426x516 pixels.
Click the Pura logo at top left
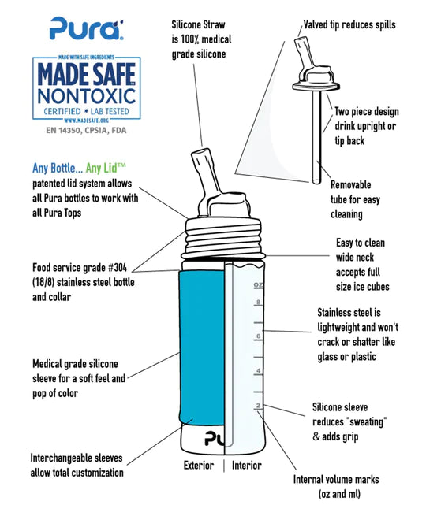(x=87, y=28)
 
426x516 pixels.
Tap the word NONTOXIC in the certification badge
(x=87, y=96)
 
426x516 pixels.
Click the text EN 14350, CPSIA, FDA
(x=86, y=130)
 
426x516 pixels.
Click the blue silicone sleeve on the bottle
(x=202, y=347)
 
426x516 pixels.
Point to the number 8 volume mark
(x=258, y=302)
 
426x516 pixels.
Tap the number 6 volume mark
(x=258, y=336)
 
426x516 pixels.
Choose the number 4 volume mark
(x=258, y=370)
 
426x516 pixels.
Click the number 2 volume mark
(x=258, y=406)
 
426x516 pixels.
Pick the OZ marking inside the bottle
(x=259, y=285)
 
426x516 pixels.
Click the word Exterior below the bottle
(x=199, y=466)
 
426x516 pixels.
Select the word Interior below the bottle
(x=247, y=466)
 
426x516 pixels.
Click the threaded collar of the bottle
(x=223, y=238)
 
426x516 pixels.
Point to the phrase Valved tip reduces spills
(x=349, y=24)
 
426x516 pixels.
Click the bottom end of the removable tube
(x=316, y=181)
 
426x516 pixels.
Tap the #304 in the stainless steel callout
(x=118, y=267)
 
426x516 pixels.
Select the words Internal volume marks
(x=336, y=479)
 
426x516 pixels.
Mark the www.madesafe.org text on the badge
(x=86, y=121)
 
